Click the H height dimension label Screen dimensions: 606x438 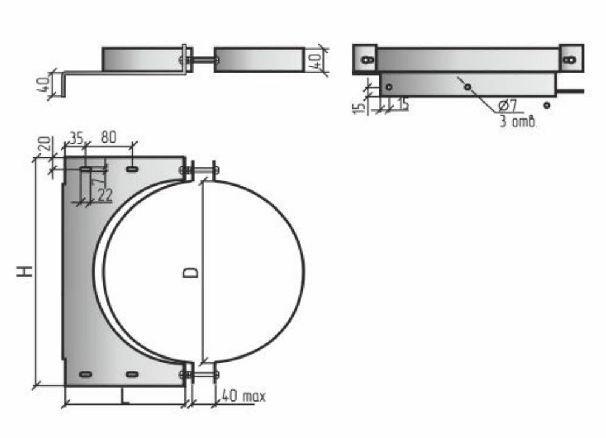pos(25,271)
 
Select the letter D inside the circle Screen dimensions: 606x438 pos(190,272)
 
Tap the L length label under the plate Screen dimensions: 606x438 pos(124,396)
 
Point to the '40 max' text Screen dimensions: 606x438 pos(244,396)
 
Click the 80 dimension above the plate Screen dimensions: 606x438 pos(109,137)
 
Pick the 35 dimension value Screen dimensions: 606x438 pos(76,137)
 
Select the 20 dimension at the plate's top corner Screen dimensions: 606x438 pos(45,144)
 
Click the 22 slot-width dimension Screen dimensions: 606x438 pos(104,195)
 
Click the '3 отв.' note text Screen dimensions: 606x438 pos(518,121)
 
